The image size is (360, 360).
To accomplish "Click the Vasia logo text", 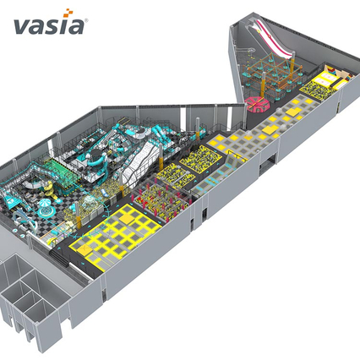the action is pyautogui.click(x=49, y=26).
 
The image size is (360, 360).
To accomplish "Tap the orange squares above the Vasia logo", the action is pyautogui.click(x=68, y=13).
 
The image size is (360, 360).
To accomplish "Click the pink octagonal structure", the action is pyautogui.click(x=258, y=105).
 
